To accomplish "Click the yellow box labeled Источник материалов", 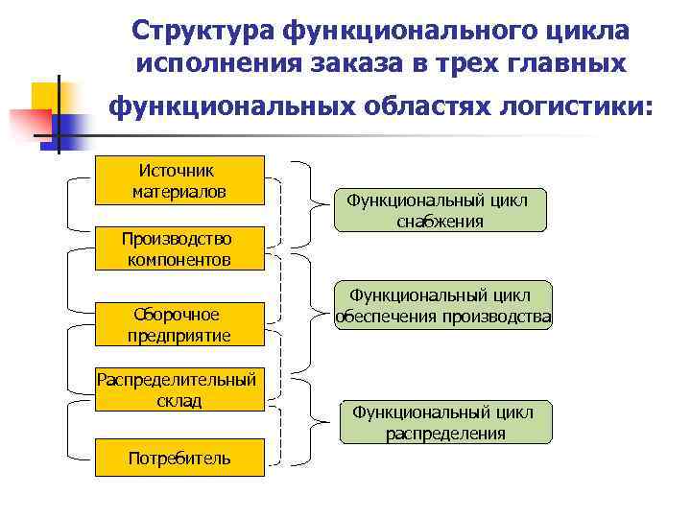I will pyautogui.click(x=179, y=180).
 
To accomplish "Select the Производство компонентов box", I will pyautogui.click(x=179, y=248).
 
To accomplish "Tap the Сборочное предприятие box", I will pyautogui.click(x=179, y=324).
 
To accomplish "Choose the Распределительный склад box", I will pyautogui.click(x=179, y=388).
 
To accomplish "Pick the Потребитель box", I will pyautogui.click(x=179, y=458).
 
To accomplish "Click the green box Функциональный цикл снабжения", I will pyautogui.click(x=440, y=210).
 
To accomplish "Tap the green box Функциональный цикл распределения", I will pyautogui.click(x=445, y=422).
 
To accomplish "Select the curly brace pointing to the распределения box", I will pyautogui.click(x=309, y=420).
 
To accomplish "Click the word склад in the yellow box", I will pyautogui.click(x=179, y=399).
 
